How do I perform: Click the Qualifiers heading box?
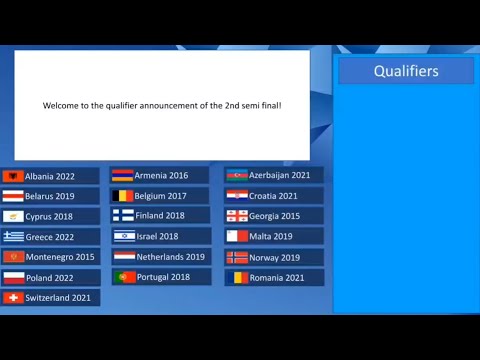406,71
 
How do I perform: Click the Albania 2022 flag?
13,176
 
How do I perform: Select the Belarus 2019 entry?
50,196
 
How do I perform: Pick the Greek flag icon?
13,237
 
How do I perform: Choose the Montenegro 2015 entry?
50,257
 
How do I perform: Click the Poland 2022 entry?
50,277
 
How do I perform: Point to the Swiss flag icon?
13,298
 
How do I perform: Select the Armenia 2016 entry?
160,175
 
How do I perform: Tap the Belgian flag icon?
123,196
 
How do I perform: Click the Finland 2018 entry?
160,215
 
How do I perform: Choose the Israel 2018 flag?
123,236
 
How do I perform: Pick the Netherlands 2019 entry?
160,256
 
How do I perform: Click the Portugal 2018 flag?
123,277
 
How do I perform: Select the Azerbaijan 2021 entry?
274,175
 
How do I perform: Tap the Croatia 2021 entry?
274,196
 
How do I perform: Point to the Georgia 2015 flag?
237,216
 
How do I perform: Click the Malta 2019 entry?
274,236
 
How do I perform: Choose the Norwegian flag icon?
237,257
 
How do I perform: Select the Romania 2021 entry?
274,277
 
